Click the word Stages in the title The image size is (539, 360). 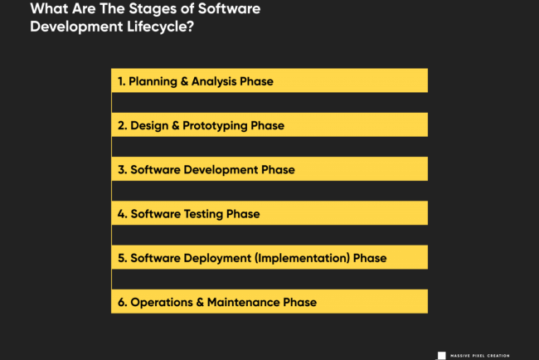click(153, 9)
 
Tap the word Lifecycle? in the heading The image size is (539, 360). click(161, 27)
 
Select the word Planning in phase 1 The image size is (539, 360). click(153, 82)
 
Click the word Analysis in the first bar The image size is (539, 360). click(214, 81)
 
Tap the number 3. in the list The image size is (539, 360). click(123, 170)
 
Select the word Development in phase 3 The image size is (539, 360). click(221, 170)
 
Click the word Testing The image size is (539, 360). click(203, 214)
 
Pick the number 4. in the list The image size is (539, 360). click(123, 214)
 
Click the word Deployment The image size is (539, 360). click(217, 258)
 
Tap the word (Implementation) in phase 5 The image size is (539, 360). click(302, 258)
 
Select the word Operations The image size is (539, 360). click(162, 303)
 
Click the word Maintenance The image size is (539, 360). click(243, 302)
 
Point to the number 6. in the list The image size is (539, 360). click(123, 302)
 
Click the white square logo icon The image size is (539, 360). click(442, 356)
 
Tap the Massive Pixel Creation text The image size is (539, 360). click(480, 356)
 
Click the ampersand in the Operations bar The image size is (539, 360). click(200, 302)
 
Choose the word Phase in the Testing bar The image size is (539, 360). click(243, 214)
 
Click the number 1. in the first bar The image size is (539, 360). click(121, 81)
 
